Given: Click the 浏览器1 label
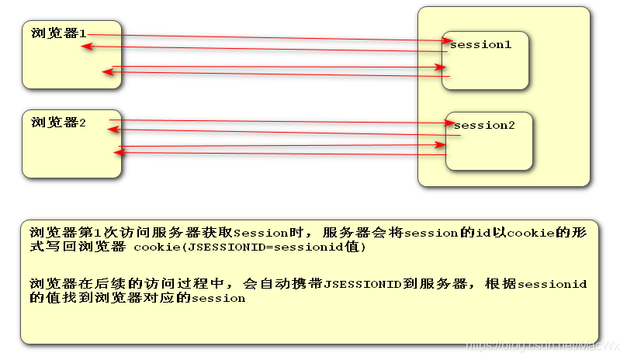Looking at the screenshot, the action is [59, 33].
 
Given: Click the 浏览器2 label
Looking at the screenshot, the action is [59, 122].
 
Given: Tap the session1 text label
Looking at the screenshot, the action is [480, 45].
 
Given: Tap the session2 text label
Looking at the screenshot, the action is [484, 126].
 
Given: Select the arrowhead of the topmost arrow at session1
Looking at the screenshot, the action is [445, 40].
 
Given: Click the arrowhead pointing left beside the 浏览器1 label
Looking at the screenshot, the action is [85, 47].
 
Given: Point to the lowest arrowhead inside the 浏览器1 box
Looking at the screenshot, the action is [108, 73].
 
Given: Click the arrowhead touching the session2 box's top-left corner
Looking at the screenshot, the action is [449, 123].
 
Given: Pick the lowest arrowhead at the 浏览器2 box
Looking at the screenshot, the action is [118, 153].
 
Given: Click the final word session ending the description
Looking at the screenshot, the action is [219, 298].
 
